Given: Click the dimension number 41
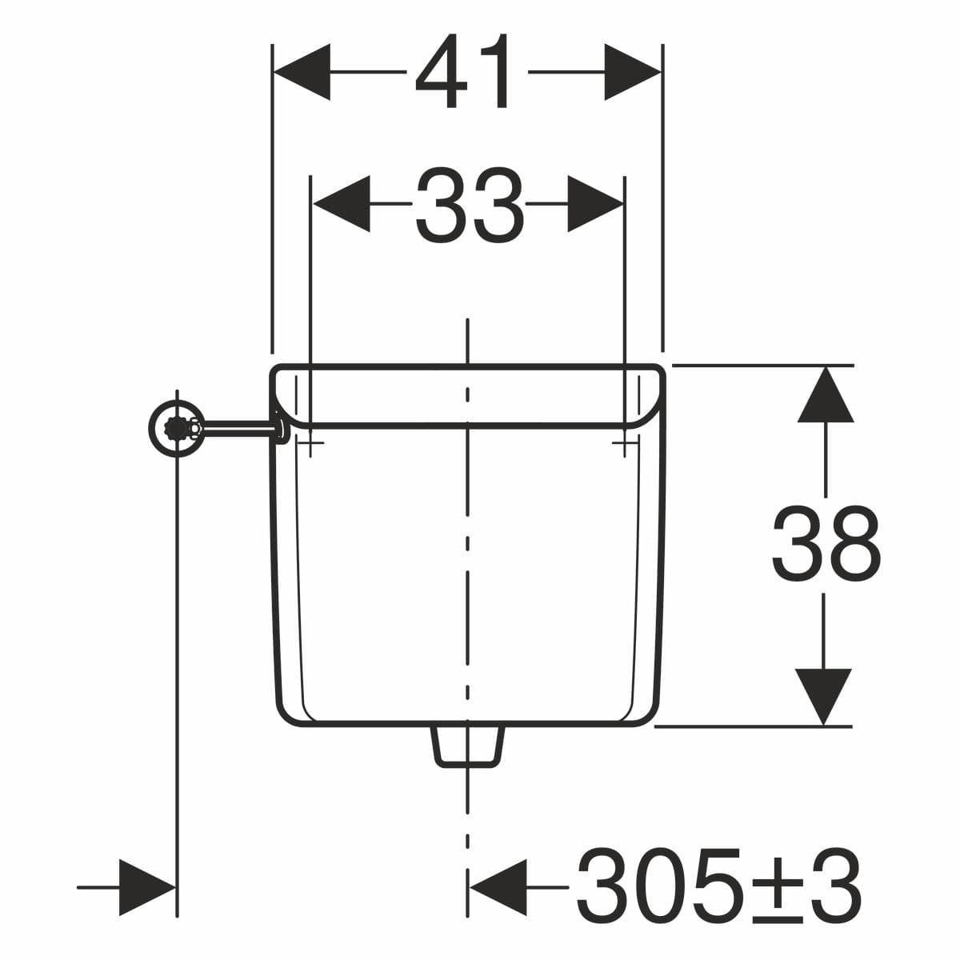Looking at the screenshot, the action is click(x=462, y=70).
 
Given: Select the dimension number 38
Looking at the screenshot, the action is click(x=826, y=543).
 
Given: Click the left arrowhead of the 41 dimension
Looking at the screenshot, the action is click(x=302, y=72).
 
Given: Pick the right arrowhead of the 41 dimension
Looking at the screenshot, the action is click(x=633, y=72).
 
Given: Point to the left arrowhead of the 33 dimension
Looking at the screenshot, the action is click(x=342, y=204).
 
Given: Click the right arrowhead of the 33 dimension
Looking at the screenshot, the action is click(x=595, y=204).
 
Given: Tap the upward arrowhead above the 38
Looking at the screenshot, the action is click(x=826, y=394).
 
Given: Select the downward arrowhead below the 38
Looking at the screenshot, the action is click(x=823, y=697).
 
